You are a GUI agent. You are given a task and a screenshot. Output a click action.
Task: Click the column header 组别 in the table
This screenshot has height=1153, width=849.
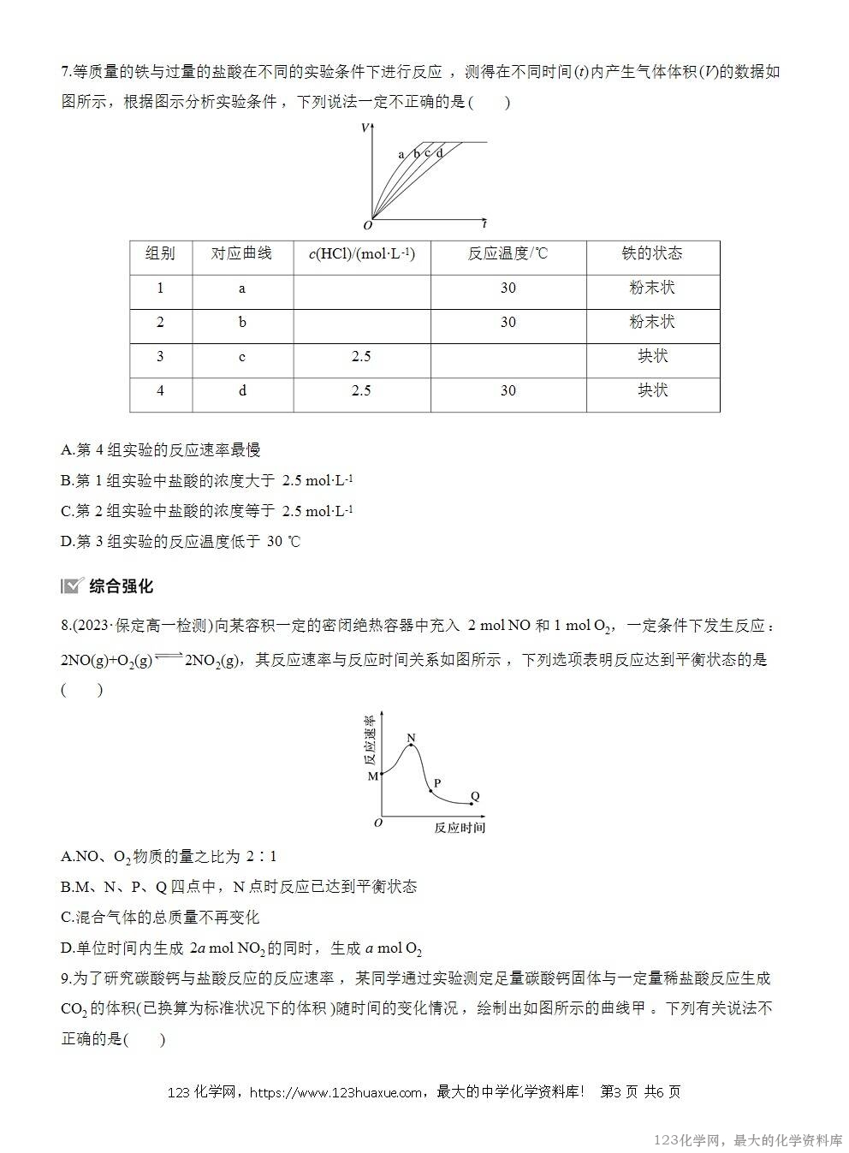pos(160,253)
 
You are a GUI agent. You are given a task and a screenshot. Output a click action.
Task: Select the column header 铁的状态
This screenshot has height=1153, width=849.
pos(652,253)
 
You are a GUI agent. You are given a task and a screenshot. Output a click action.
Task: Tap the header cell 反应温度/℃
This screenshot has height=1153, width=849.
pos(508,253)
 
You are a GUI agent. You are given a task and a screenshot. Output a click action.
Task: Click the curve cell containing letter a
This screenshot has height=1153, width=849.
pos(242,288)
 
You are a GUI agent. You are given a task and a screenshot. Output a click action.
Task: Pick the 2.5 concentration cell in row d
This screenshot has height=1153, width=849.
pos(361,390)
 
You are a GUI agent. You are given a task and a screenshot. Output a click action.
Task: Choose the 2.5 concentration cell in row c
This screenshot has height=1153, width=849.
pos(361,356)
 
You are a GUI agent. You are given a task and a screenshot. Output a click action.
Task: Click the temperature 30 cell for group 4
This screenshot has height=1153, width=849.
pos(508,390)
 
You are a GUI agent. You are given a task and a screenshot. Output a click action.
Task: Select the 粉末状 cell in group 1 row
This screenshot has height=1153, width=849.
pos(652,288)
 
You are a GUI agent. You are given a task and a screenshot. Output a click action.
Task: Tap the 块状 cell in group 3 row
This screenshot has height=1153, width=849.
pos(652,356)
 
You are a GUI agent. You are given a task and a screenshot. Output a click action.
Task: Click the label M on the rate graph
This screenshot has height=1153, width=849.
pos(373,776)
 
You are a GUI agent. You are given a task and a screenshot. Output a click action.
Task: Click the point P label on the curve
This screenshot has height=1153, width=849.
pos(436,783)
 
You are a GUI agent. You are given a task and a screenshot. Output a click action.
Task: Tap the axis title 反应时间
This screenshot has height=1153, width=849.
pos(460,828)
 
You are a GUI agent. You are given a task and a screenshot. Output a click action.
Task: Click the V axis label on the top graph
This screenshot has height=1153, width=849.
pos(365,128)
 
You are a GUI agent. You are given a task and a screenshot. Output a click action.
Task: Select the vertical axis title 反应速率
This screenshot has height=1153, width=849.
pos(370,740)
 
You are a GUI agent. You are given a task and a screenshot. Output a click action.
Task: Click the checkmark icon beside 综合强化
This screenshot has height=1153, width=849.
pos(72,586)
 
